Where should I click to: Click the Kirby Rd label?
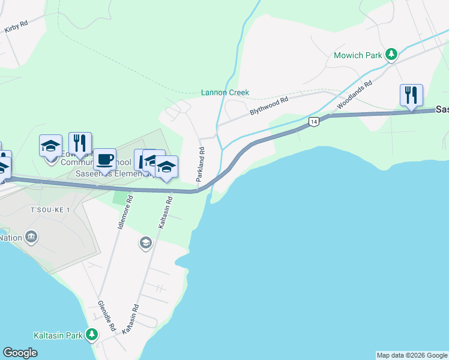(x=16, y=27)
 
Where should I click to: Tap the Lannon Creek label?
(x=224, y=93)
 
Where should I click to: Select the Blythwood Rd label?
(x=269, y=107)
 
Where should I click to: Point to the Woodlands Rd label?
(x=354, y=95)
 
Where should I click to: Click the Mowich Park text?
(x=357, y=55)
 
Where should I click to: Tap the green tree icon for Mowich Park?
(x=391, y=55)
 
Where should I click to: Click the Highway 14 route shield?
(x=313, y=122)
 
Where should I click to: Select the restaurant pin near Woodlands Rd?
(x=411, y=95)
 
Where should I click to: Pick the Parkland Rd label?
(x=200, y=164)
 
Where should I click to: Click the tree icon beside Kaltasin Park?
(x=92, y=334)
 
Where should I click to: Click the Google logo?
(x=20, y=353)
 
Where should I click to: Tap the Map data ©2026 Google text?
(x=412, y=355)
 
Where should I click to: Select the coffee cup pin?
(x=105, y=160)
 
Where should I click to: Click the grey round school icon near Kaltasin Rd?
(x=145, y=242)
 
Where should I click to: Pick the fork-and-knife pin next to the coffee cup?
(x=80, y=143)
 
